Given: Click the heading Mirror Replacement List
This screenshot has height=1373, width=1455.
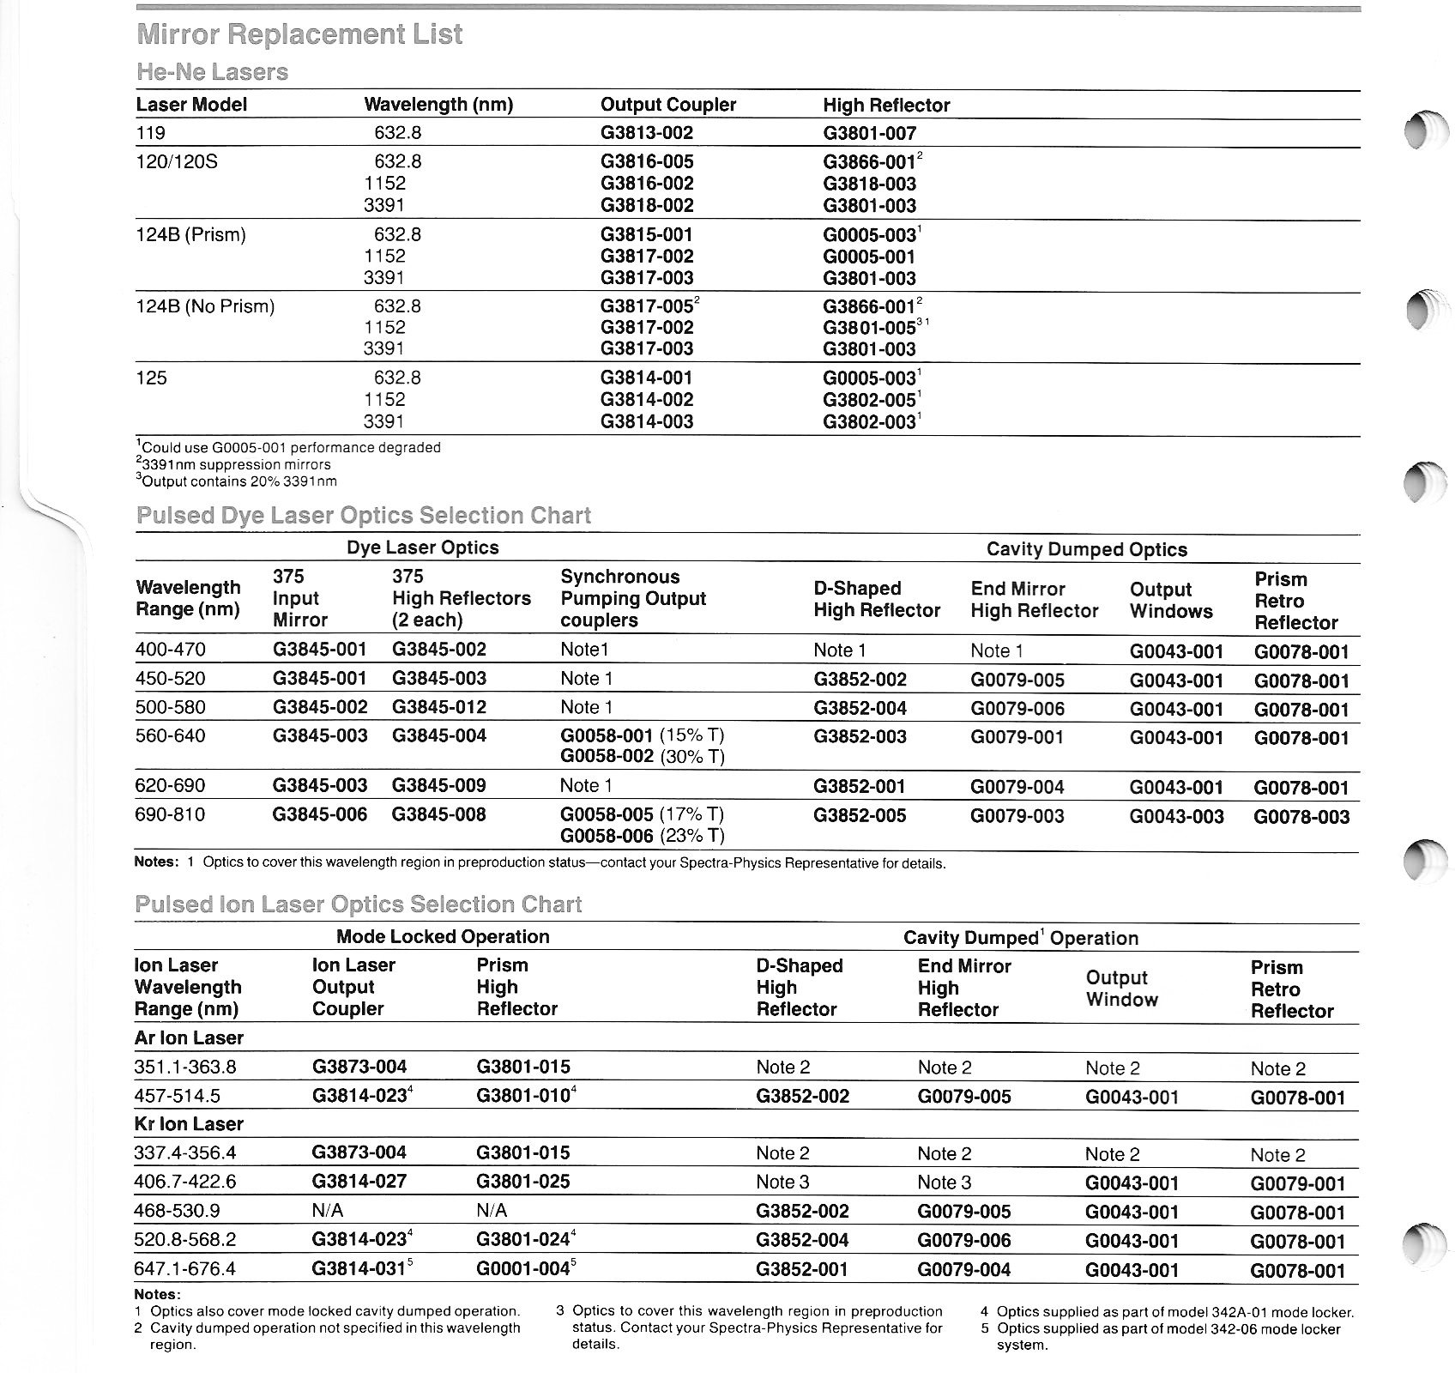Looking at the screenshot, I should coord(299,34).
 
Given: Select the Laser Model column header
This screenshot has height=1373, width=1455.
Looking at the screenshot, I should coord(191,105).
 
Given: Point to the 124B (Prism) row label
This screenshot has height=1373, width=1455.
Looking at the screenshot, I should coord(190,234).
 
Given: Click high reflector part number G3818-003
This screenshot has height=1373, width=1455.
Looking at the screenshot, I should coord(869,184).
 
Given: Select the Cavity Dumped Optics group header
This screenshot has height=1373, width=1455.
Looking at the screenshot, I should coord(1086,549).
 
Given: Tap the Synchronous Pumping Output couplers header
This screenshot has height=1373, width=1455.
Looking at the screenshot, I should coord(632,598).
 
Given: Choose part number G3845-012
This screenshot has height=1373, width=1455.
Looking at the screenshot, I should coord(438,707).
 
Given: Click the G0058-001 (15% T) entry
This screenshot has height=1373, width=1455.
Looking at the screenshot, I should coord(643,735).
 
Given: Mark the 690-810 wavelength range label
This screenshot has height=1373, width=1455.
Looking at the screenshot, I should coord(170,814).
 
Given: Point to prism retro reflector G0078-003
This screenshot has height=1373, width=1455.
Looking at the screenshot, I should coord(1301,816).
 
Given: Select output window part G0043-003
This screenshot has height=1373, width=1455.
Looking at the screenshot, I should coord(1176,816).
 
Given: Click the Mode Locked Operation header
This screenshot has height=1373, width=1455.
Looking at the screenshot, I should coord(443,937).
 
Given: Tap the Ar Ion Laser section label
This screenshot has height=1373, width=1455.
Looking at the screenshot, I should coord(189,1038).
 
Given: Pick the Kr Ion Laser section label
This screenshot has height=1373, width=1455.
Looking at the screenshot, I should coord(189,1124).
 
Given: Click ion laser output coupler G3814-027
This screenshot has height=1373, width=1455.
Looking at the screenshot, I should coord(359,1182).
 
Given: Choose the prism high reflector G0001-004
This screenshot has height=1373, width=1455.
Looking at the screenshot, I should coord(524,1269).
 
